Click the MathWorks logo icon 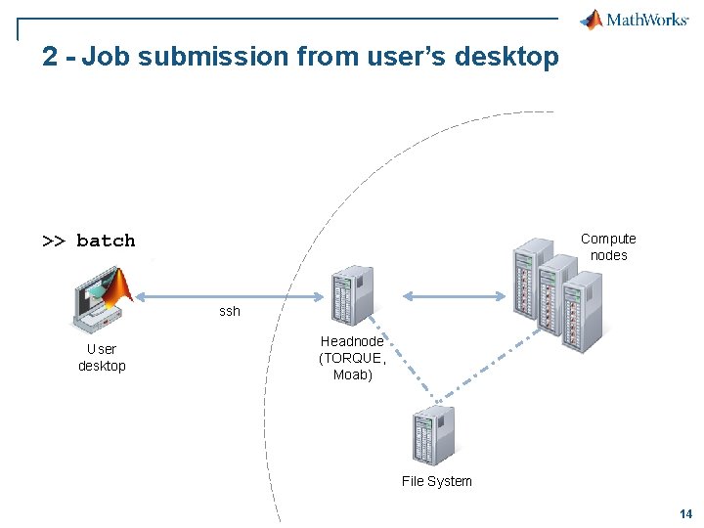tap(593, 20)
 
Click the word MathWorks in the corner tap(647, 21)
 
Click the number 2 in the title tap(50, 57)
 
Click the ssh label tap(229, 311)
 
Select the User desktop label tap(102, 357)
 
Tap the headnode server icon tap(352, 295)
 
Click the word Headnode tap(352, 341)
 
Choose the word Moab tap(352, 374)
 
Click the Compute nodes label tap(608, 246)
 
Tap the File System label tap(436, 481)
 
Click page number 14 tap(684, 513)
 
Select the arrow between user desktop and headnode tap(230, 296)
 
